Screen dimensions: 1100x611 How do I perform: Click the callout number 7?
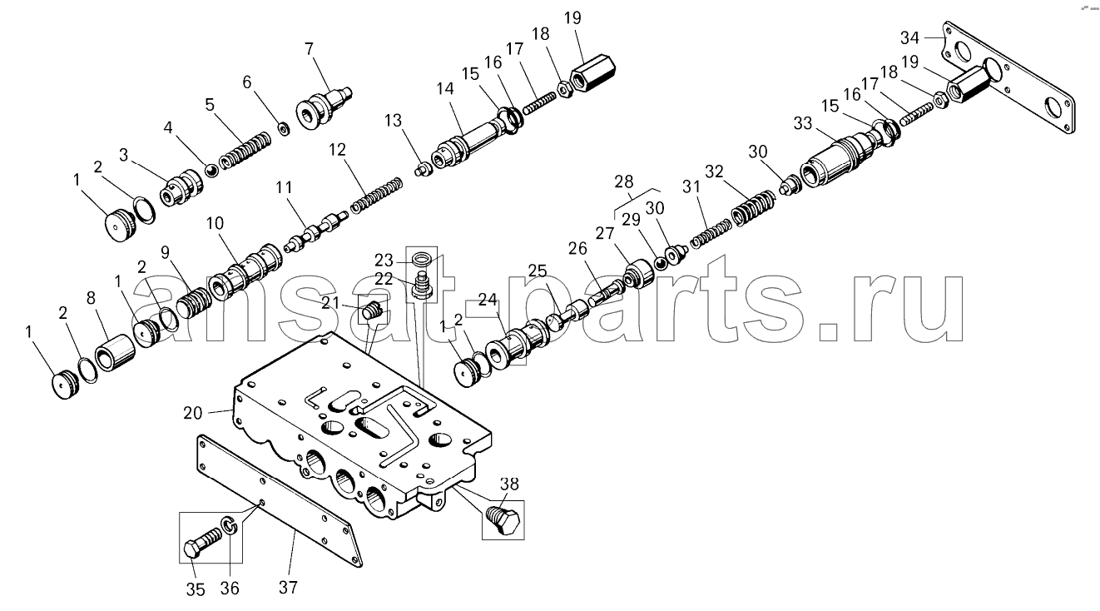[309, 49]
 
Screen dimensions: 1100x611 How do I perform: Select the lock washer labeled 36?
[230, 524]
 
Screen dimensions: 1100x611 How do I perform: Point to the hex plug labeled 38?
[503, 521]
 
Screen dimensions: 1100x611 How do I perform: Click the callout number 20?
[193, 413]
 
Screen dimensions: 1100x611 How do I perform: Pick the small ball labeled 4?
[211, 171]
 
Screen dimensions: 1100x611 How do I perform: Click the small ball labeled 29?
[661, 264]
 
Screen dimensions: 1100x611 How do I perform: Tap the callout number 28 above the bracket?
[624, 181]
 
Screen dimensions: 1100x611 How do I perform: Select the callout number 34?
[909, 37]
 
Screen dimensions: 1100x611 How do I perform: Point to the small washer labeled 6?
[284, 129]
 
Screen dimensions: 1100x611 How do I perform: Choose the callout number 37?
[288, 587]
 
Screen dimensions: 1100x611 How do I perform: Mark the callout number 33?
[803, 123]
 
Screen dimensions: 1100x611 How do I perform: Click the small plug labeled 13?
[423, 170]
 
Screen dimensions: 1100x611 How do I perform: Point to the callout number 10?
[215, 223]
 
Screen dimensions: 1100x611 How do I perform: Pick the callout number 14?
[445, 88]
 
